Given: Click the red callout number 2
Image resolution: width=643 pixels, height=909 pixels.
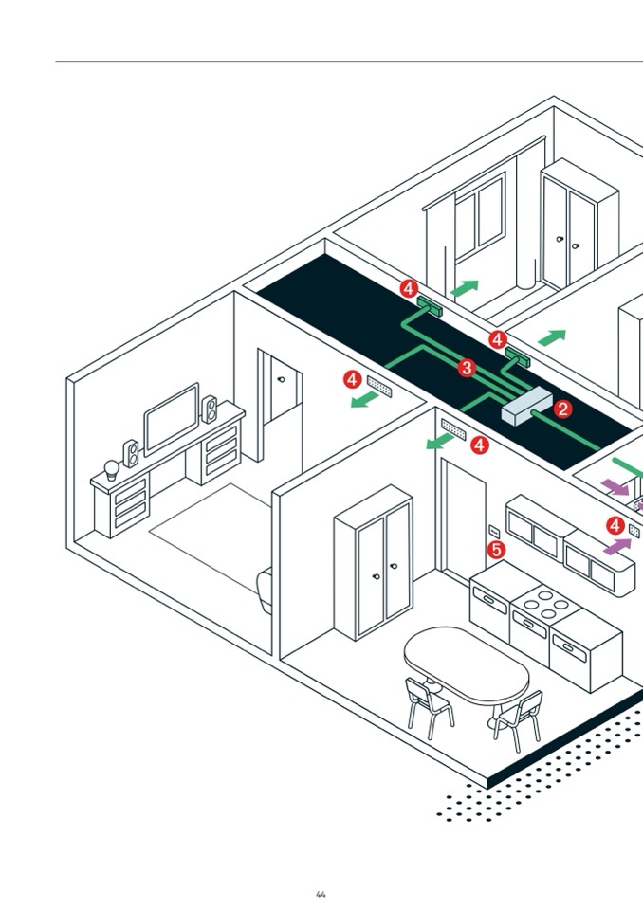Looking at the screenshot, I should click(x=563, y=409).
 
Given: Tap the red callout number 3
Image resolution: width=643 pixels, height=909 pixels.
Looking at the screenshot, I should click(x=466, y=368).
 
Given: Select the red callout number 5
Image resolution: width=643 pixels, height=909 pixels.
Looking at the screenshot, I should click(x=495, y=549).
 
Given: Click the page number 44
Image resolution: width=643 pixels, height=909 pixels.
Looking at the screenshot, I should click(x=321, y=894).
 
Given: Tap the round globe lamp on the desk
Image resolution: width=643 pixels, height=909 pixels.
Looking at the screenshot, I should click(x=111, y=467).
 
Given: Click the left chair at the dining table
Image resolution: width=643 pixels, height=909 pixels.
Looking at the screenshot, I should click(x=428, y=705).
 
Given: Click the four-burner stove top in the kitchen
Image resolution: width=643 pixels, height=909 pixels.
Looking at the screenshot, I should click(x=547, y=602).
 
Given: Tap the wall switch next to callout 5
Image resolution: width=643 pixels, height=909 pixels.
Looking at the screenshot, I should click(x=494, y=530).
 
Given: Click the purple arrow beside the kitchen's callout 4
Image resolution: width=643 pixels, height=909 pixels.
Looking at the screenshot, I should click(x=617, y=547).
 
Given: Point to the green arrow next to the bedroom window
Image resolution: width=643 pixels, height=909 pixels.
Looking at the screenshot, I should click(x=466, y=287).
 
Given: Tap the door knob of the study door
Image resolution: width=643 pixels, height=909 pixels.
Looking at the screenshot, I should click(x=281, y=379).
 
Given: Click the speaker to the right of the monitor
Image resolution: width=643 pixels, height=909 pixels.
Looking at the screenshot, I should click(x=210, y=409).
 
